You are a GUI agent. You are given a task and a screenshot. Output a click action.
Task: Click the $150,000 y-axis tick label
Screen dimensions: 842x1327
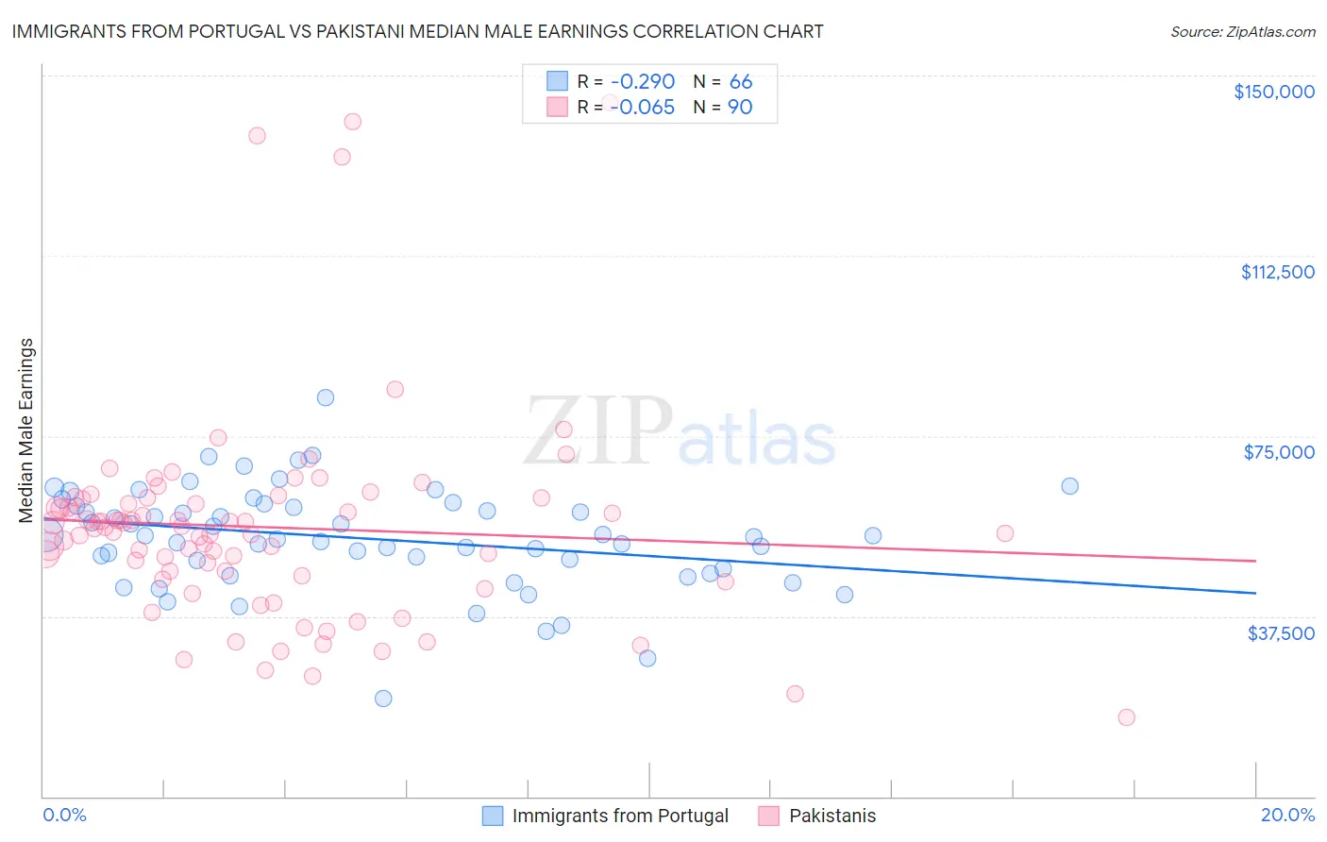click(1273, 92)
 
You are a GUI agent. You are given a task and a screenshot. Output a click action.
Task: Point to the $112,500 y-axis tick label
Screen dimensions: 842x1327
click(1277, 272)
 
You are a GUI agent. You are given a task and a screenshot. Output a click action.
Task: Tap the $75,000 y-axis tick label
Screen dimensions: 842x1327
click(1279, 452)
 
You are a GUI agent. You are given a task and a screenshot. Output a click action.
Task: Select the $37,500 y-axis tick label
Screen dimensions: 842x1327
click(1281, 633)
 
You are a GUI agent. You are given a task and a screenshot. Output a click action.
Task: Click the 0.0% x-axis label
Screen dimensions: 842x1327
click(64, 815)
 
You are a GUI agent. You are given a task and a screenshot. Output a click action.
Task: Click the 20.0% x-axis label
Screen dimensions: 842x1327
click(1287, 815)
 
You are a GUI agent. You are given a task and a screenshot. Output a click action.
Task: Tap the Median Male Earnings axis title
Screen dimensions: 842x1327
click(26, 429)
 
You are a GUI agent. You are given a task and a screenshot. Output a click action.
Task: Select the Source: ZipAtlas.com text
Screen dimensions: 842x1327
click(1242, 31)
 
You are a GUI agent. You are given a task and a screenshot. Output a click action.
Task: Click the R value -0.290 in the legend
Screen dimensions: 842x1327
click(642, 82)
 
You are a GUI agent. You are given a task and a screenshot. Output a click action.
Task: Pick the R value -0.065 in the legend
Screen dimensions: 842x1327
click(642, 108)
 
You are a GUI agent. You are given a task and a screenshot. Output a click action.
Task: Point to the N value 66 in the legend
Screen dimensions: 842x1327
click(741, 82)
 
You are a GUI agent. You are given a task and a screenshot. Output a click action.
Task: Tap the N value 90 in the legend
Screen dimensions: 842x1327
click(740, 108)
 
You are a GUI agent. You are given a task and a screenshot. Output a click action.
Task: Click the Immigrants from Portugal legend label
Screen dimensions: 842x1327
click(620, 816)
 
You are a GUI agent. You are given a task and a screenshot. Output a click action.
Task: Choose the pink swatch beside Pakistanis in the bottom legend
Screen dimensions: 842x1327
click(768, 816)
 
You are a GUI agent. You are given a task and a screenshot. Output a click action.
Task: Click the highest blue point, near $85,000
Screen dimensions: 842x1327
click(325, 397)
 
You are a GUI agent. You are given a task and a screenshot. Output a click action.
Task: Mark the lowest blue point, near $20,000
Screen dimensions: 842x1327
click(383, 699)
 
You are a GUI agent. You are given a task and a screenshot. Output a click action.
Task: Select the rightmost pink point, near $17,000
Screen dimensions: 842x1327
click(1126, 717)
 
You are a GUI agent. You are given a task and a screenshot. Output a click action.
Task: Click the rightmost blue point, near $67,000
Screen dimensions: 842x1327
click(1069, 486)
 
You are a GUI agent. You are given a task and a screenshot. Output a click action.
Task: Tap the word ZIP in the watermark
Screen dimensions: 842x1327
click(598, 431)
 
